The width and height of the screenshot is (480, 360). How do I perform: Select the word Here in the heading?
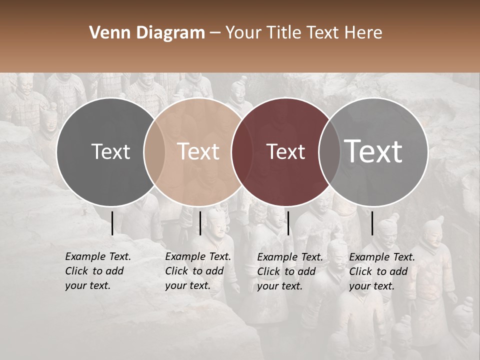click(364, 33)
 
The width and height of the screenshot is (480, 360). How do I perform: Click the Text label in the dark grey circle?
click(110, 151)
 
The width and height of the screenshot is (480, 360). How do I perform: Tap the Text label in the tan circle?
click(198, 151)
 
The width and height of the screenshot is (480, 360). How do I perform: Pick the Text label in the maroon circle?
click(285, 151)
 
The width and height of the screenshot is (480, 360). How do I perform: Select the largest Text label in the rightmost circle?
click(373, 151)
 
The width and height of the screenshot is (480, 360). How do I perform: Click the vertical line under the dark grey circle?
click(112, 223)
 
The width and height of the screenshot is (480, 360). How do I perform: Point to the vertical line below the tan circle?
click(200, 223)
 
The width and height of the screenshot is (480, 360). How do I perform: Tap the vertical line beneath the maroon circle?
click(288, 223)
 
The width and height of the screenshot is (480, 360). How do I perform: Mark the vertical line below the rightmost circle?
click(372, 223)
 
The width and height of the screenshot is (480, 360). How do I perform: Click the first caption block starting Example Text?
click(97, 271)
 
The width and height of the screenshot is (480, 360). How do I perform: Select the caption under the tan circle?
click(197, 271)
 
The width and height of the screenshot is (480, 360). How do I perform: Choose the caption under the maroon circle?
click(290, 271)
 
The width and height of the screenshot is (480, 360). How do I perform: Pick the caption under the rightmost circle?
click(382, 271)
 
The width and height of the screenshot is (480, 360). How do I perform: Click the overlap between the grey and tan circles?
click(154, 151)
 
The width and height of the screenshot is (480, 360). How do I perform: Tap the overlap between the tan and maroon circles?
click(242, 151)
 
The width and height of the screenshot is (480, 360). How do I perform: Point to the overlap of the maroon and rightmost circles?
click(329, 151)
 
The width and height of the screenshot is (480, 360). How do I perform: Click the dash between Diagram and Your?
click(215, 33)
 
